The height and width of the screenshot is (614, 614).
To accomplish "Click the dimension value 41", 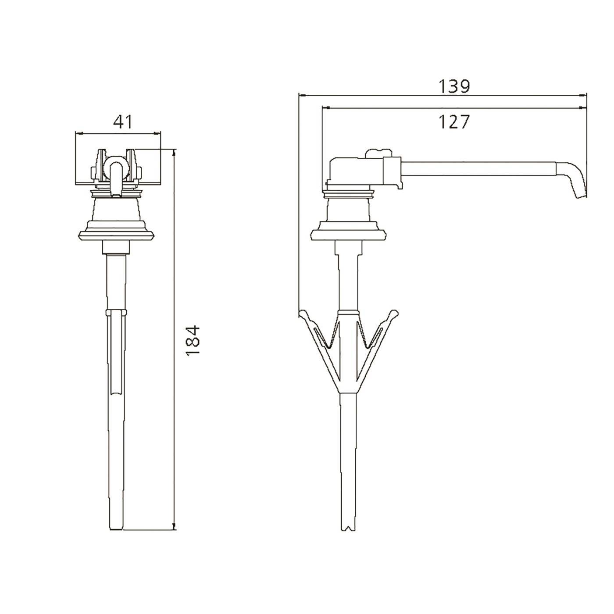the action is (123, 121).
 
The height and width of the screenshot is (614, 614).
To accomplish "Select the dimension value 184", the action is (193, 340).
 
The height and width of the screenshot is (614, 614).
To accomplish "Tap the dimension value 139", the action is (454, 86).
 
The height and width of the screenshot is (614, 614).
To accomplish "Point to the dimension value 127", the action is (454, 121).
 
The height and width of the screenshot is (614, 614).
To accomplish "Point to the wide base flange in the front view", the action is (116, 236).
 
